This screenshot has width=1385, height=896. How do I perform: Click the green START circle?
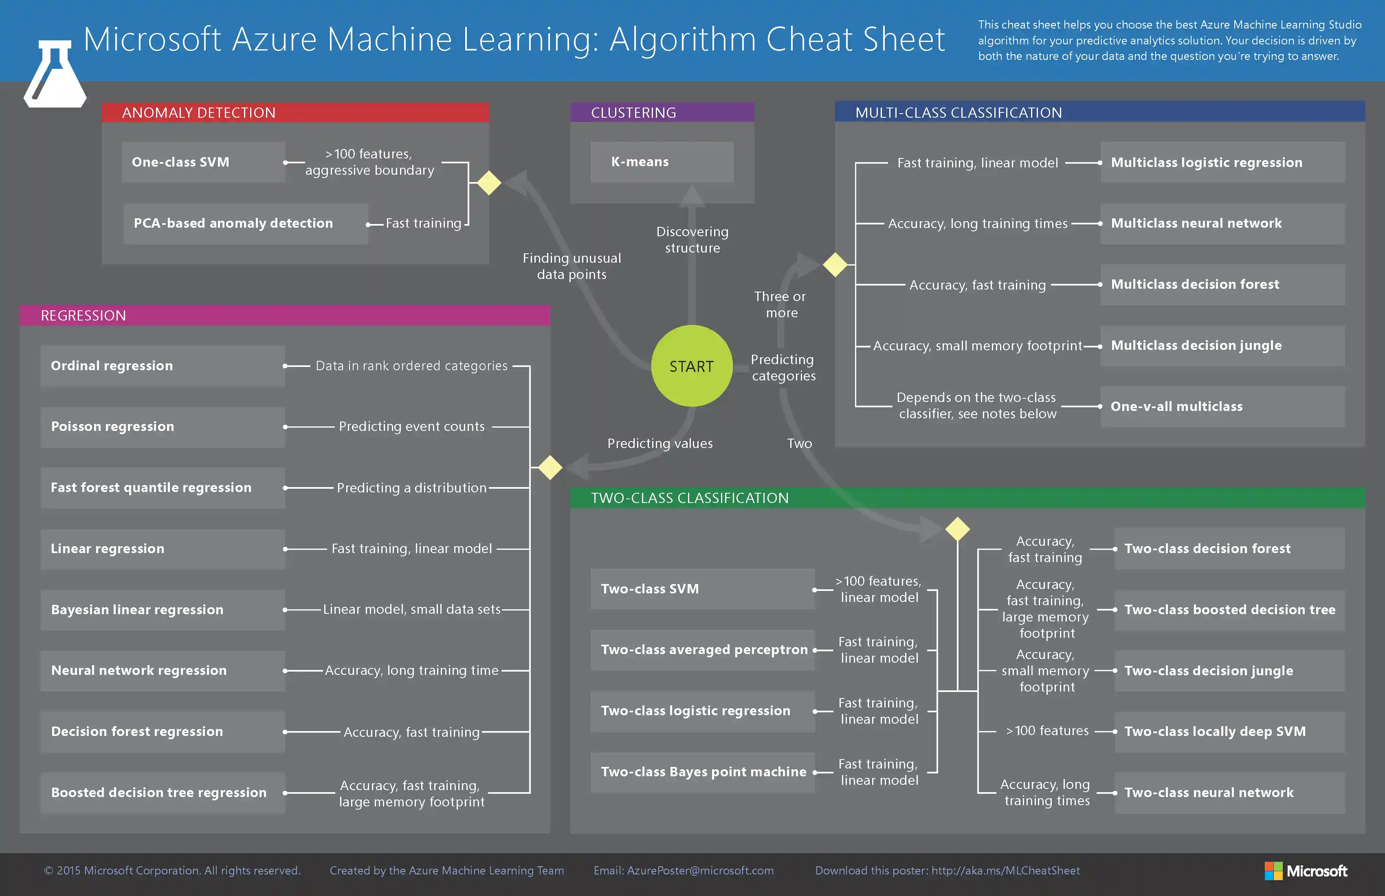tap(691, 366)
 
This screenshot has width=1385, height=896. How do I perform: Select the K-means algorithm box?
tap(662, 162)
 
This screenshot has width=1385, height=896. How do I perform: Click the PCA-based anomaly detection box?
tap(245, 224)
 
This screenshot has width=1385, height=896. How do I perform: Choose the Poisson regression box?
tap(163, 426)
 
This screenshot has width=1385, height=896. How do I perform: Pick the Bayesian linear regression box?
tap(163, 610)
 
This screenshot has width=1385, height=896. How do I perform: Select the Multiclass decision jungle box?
tap(1222, 346)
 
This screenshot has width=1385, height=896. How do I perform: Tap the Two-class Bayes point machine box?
tap(702, 772)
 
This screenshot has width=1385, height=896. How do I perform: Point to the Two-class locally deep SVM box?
tap(1229, 731)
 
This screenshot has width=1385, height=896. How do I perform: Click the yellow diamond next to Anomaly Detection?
tap(489, 183)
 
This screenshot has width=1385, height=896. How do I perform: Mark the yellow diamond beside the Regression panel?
tap(550, 467)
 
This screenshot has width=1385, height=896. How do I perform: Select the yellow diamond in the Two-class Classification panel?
tap(957, 529)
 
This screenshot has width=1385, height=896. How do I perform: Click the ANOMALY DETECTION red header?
tap(295, 113)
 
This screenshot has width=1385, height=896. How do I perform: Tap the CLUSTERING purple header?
tap(662, 113)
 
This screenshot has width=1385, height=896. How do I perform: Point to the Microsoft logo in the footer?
tap(1306, 871)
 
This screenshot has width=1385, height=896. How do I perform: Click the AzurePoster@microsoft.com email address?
tap(700, 871)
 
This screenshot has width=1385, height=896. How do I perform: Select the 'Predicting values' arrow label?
tap(660, 444)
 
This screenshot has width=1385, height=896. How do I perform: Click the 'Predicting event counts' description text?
tap(411, 426)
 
